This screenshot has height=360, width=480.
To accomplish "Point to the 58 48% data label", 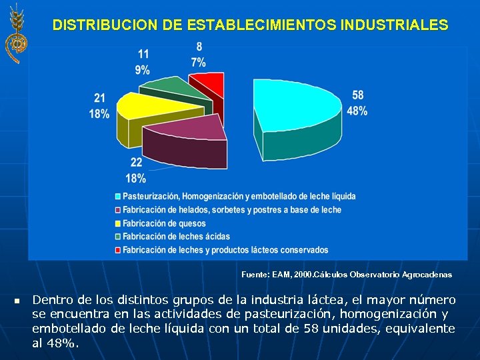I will tap(357, 103).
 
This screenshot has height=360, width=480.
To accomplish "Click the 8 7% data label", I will tap(199, 55).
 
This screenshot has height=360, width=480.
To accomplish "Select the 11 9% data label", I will tap(143, 61).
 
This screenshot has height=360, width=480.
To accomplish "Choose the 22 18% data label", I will tap(136, 171).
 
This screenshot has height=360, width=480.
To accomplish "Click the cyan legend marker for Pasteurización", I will tap(117, 197).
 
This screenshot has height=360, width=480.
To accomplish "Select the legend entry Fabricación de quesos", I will tap(164, 223).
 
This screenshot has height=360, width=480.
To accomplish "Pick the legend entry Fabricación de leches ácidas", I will tap(176, 237).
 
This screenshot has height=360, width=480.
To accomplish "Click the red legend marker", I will tap(117, 250).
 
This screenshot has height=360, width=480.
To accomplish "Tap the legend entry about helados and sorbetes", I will tap(231, 210).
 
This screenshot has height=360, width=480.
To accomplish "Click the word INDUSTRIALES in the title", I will tap(394, 25).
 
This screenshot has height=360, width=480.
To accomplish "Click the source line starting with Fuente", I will tap(346, 275).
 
